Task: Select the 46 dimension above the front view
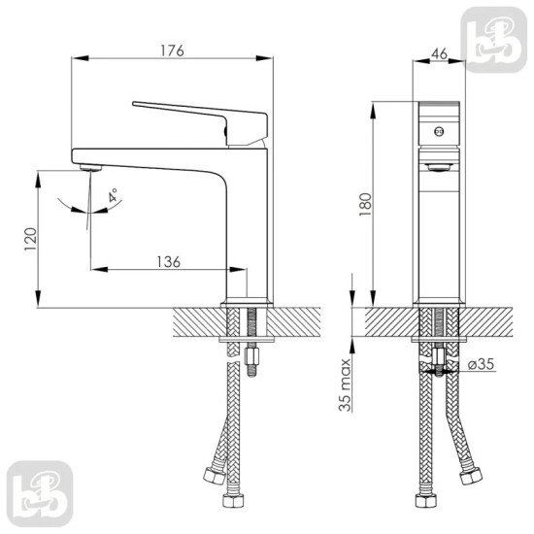point(438,55)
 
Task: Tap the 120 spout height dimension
point(30,237)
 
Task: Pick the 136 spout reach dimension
point(167,259)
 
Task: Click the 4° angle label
point(113,195)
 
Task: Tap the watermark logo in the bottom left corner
point(38,496)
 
